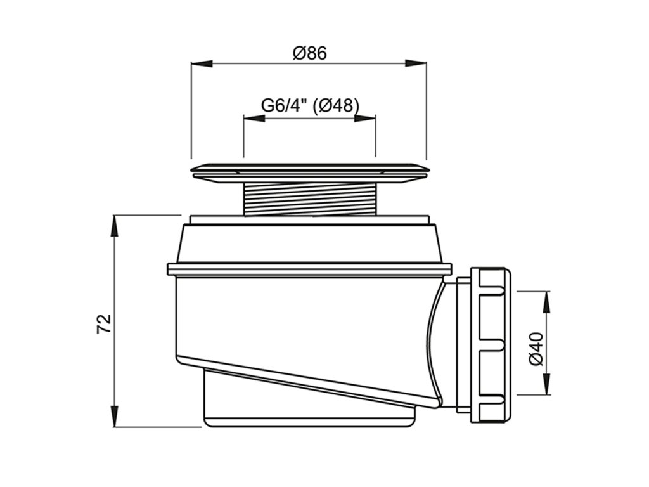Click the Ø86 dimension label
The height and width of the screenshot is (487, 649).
309,53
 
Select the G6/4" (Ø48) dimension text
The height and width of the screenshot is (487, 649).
309,106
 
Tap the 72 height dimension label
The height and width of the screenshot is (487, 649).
104,324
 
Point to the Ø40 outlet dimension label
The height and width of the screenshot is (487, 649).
536,349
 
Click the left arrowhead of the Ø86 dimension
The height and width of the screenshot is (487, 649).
202,63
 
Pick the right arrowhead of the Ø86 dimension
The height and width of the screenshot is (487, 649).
416,63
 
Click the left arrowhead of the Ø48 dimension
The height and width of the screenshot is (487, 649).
254,119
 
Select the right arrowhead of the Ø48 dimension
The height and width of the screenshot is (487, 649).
365,119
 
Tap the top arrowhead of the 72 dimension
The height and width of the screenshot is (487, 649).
114,226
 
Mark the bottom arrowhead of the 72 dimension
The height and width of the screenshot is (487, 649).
114,416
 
